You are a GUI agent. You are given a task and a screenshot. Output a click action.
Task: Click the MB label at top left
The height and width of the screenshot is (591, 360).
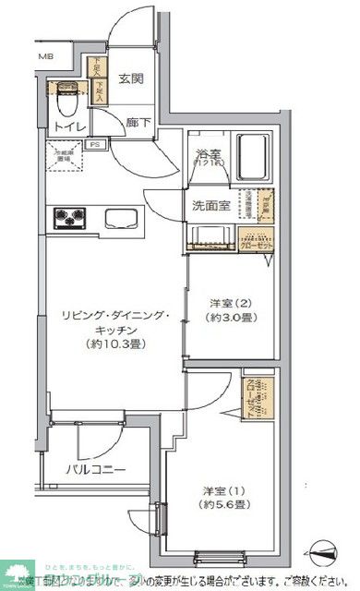point(44,57)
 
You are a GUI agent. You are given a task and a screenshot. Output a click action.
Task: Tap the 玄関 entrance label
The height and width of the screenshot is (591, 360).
point(130,79)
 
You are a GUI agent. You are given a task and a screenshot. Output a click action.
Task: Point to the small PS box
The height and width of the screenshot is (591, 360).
point(94,145)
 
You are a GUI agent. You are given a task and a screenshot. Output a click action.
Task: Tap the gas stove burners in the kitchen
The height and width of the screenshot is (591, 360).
point(69,219)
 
